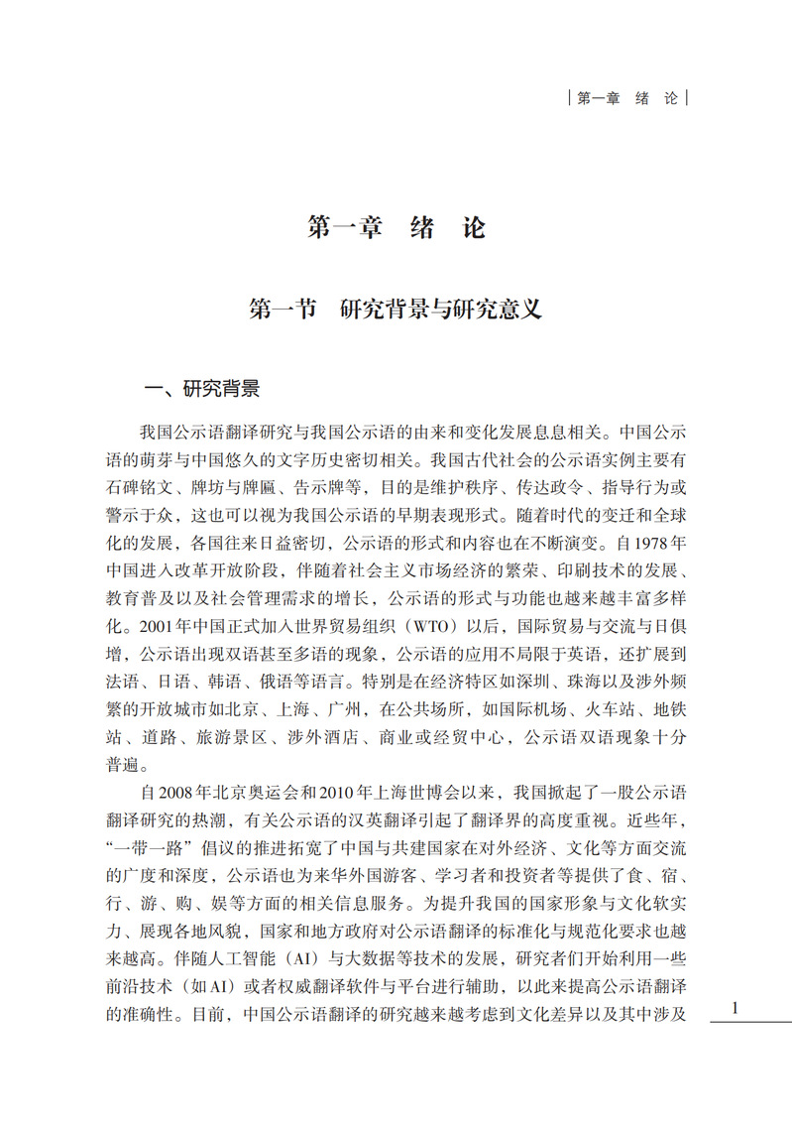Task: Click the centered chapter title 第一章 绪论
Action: point(396,227)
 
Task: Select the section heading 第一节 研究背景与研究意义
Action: point(396,309)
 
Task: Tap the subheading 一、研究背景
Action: point(202,389)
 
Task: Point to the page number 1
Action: point(735,1008)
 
